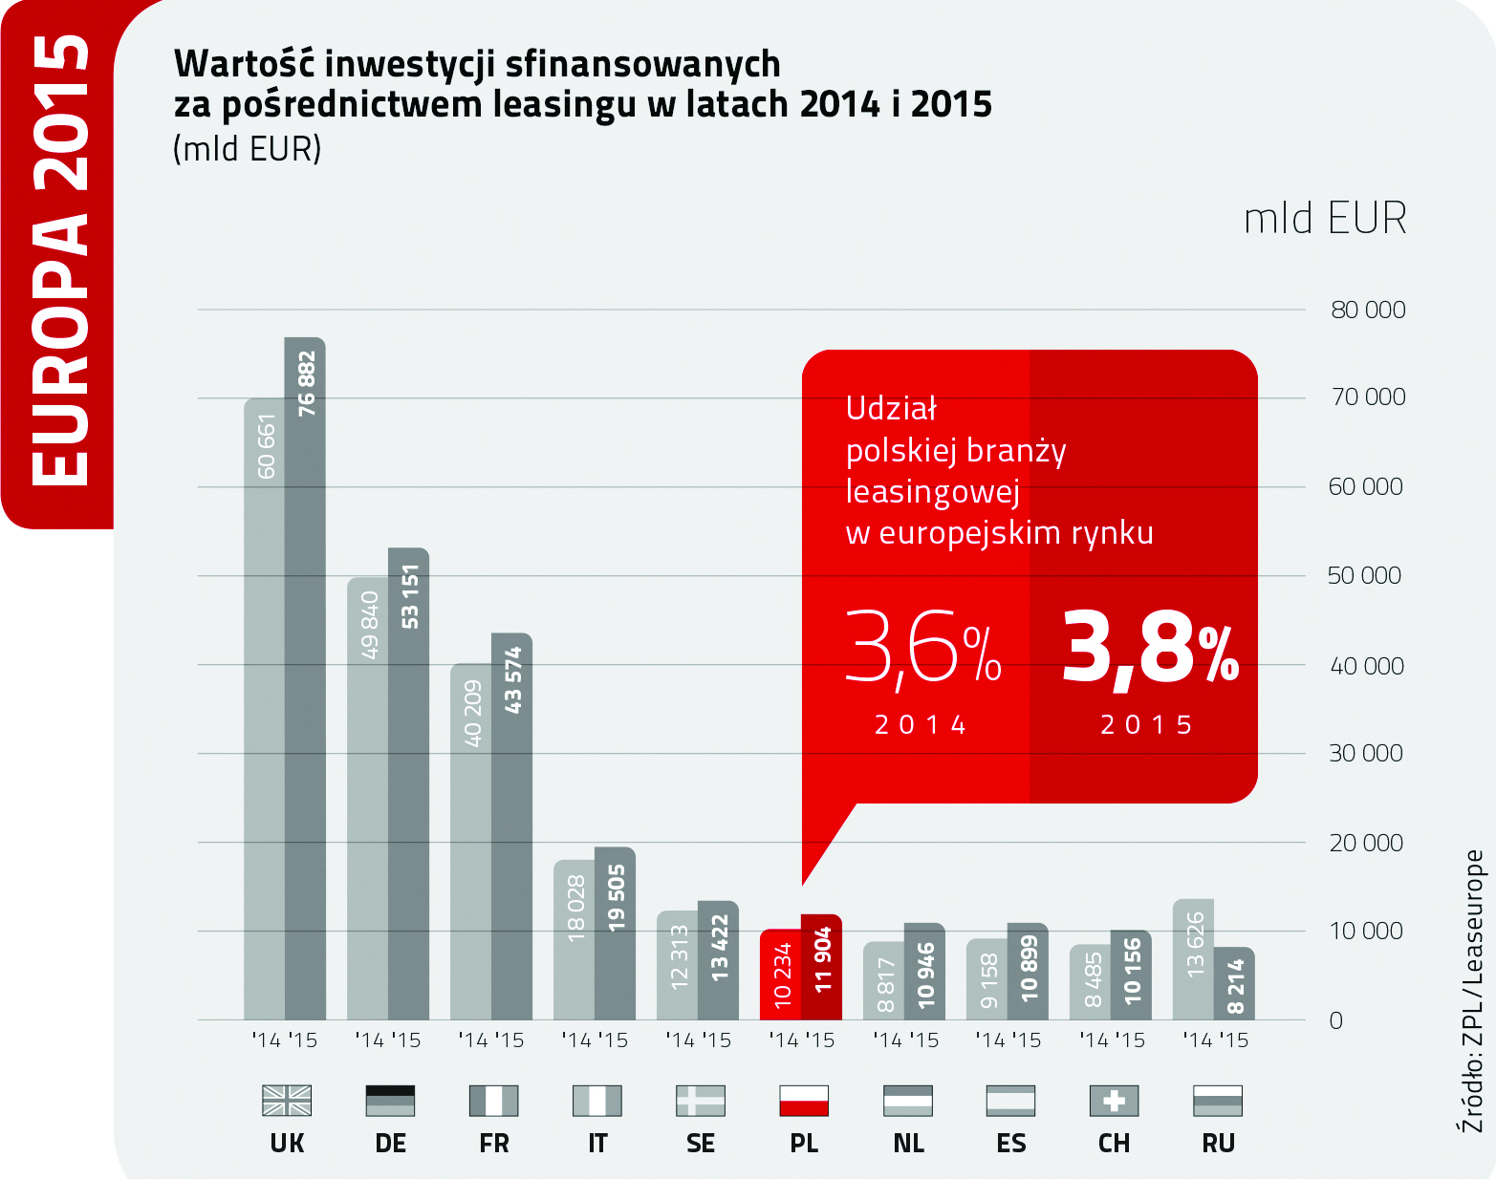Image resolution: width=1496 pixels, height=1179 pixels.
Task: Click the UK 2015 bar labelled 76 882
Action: [305, 678]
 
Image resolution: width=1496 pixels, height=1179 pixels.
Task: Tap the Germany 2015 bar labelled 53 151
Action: [408, 783]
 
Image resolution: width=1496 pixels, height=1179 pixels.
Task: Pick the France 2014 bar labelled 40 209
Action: [471, 842]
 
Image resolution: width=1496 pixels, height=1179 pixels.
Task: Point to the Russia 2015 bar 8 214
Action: [1235, 984]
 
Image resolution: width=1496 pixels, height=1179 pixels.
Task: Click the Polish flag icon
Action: [804, 1101]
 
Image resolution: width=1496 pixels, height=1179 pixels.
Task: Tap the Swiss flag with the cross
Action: [1114, 1101]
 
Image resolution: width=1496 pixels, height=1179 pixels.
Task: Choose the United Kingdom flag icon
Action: [287, 1101]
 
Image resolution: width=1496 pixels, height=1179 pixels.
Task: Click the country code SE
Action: [701, 1144]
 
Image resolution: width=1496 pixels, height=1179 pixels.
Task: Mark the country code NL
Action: [908, 1144]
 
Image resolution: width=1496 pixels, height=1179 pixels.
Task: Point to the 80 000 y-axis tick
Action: [1368, 310]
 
